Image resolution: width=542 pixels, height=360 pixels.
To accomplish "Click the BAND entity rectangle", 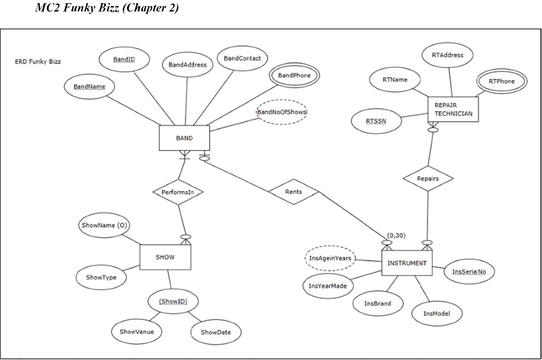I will (x=184, y=138).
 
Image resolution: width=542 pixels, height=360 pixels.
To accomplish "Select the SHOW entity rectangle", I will (x=165, y=257).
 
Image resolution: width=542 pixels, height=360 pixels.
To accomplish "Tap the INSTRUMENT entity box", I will (x=406, y=263).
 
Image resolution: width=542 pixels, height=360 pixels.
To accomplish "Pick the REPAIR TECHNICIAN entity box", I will (x=453, y=109).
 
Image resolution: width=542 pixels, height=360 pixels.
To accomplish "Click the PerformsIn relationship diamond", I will (x=178, y=192).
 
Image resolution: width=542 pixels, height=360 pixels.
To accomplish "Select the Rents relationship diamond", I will (x=293, y=192).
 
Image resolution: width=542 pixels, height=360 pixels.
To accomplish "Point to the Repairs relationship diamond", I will (x=428, y=179).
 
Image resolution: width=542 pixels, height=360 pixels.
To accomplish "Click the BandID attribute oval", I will (x=124, y=59).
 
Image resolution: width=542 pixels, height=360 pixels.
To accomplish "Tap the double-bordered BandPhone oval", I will (x=294, y=76).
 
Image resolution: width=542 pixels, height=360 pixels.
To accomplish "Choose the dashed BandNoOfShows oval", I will (x=282, y=111).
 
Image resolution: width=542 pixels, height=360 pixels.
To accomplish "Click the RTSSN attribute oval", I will (x=376, y=121).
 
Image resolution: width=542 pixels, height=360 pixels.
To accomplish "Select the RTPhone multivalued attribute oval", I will (x=501, y=81).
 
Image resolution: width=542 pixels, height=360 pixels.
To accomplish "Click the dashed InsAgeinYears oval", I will (x=330, y=258).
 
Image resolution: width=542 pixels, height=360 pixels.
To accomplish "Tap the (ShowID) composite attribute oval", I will (x=173, y=302).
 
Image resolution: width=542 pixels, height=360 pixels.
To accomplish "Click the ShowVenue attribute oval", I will (x=137, y=331).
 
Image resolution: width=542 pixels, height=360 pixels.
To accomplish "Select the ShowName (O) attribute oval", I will (x=104, y=225).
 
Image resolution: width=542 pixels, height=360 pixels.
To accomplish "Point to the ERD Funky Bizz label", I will (x=38, y=61).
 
